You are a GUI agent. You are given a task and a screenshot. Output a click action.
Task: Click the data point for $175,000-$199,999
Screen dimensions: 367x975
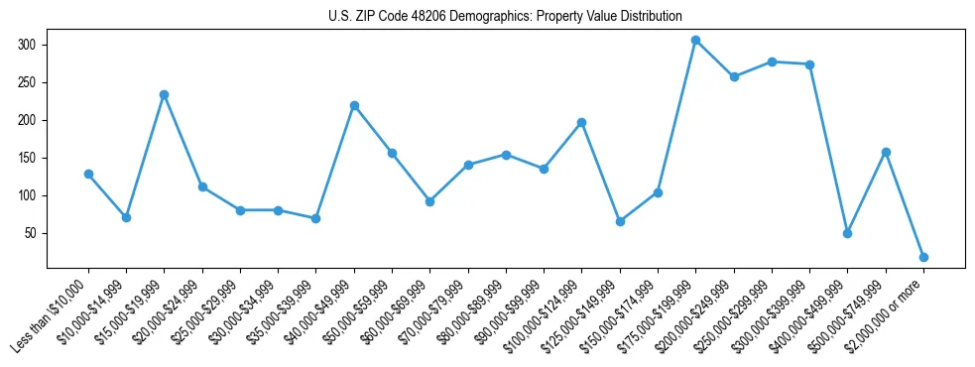coord(696,41)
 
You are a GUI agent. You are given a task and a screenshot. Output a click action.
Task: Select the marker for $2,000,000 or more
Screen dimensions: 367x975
coord(923,257)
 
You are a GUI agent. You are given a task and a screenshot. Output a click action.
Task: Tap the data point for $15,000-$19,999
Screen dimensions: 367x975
coord(165,94)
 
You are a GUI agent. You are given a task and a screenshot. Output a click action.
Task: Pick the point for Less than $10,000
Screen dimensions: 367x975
coord(88,175)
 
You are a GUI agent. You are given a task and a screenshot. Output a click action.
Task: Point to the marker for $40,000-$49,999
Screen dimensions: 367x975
coord(354,105)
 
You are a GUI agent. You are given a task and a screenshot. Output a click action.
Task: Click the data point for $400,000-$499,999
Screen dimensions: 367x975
coord(848,233)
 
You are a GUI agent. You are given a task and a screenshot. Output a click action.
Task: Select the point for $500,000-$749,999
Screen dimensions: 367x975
coord(886,152)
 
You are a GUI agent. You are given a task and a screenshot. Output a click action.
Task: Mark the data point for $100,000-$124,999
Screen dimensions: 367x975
coord(582,122)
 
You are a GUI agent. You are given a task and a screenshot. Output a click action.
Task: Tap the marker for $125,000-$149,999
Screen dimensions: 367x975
coord(620,221)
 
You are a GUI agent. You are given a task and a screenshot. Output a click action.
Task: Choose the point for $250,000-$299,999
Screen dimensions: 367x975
coord(772,61)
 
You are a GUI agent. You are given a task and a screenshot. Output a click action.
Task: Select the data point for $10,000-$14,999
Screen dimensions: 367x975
coord(126,217)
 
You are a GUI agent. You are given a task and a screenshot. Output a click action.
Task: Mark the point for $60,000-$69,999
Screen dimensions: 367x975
coord(430,201)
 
